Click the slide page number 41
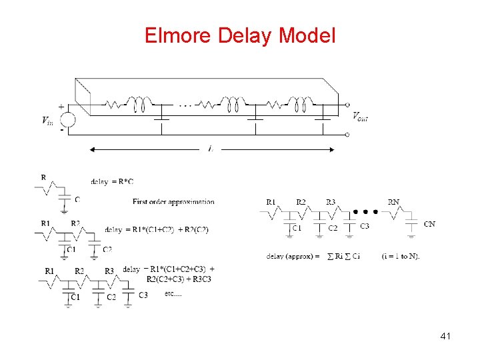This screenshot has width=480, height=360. coord(445,337)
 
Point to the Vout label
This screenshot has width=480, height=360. coord(360,117)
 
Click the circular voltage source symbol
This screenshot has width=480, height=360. coord(67,121)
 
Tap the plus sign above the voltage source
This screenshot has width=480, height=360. coord(61,105)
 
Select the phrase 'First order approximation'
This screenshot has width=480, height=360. coord(173,201)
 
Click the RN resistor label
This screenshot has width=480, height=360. coord(394,201)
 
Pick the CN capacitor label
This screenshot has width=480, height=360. coord(429,224)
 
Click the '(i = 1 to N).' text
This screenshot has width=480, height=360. coord(401,255)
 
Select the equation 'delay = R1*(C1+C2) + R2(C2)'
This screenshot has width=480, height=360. coord(157,229)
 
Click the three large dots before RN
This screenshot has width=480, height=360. coord(365,212)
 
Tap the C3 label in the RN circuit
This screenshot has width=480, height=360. coord(364,227)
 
